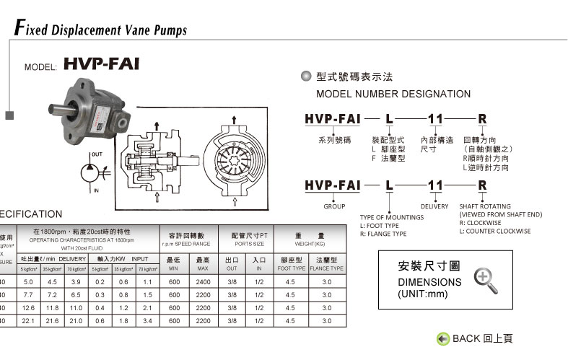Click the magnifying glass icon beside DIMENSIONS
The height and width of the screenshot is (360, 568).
tap(485, 279)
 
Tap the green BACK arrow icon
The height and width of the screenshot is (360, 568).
tap(443, 338)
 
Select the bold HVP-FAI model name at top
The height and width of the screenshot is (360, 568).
tap(101, 64)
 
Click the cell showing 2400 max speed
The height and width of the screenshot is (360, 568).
tap(203, 281)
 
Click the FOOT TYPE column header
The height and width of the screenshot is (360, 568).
tap(292, 268)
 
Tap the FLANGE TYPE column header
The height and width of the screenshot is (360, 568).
tap(326, 268)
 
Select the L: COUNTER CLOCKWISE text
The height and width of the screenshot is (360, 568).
tap(495, 232)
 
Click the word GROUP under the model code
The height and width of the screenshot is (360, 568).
tap(334, 206)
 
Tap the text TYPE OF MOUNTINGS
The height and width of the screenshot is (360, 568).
tap(391, 217)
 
